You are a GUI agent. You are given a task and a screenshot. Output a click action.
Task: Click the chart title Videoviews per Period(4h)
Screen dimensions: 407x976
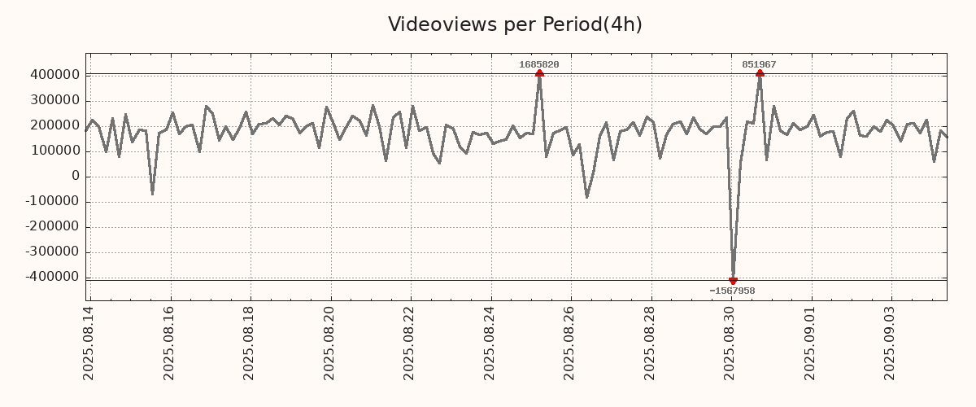[x=515, y=24]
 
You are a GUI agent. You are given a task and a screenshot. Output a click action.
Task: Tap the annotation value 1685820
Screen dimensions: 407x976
[x=539, y=64]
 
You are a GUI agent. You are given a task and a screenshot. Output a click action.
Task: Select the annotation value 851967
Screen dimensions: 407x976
[x=760, y=64]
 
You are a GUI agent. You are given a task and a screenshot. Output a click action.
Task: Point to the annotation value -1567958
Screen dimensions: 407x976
[x=732, y=291]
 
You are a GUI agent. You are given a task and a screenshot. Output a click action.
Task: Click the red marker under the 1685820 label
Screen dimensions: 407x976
[x=539, y=74]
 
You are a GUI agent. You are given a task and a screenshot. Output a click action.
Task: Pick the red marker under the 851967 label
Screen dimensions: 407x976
[x=760, y=74]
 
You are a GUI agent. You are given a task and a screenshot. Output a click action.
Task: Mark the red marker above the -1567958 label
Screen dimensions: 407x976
[x=733, y=281]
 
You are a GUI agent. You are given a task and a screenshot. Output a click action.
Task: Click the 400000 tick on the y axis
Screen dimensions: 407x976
[x=54, y=75]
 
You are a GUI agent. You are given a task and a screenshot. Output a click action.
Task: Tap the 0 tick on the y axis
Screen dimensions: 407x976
[x=76, y=177]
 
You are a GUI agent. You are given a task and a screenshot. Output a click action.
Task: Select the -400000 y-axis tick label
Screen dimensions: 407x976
[x=51, y=278]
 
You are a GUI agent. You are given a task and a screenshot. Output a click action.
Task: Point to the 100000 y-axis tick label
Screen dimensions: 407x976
[x=54, y=151]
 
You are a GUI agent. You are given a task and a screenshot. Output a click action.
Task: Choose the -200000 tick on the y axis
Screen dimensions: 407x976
[x=51, y=227]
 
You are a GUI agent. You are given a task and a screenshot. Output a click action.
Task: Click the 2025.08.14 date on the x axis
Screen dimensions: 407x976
[x=89, y=343]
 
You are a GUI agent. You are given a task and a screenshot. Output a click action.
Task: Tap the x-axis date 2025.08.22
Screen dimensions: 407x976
[x=411, y=343]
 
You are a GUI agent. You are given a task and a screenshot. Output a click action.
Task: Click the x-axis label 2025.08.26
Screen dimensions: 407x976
[x=571, y=343]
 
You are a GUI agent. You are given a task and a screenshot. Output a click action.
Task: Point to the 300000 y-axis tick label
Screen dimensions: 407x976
[x=54, y=100]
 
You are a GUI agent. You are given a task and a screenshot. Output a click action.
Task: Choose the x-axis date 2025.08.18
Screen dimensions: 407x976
[x=250, y=343]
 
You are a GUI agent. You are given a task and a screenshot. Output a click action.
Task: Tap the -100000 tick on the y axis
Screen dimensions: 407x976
[x=51, y=202]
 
